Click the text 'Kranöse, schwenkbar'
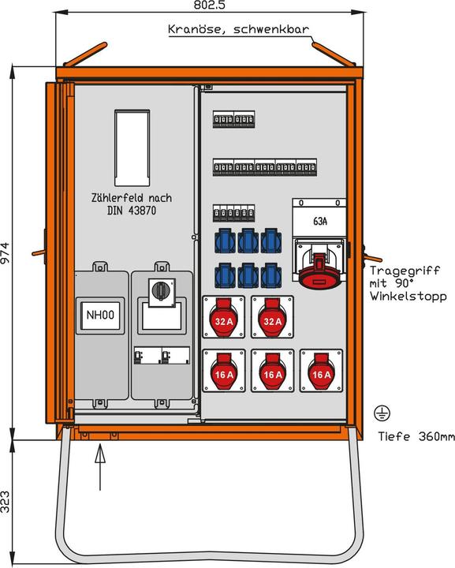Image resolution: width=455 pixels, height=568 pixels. [237, 30]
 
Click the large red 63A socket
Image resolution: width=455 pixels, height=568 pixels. [319, 269]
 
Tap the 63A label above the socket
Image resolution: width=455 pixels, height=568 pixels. [320, 222]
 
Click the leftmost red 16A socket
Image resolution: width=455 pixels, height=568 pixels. [223, 371]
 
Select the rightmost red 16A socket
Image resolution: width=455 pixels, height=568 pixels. [320, 371]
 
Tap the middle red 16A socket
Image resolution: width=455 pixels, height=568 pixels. [272, 371]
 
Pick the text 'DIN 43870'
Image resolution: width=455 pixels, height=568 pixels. [130, 210]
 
